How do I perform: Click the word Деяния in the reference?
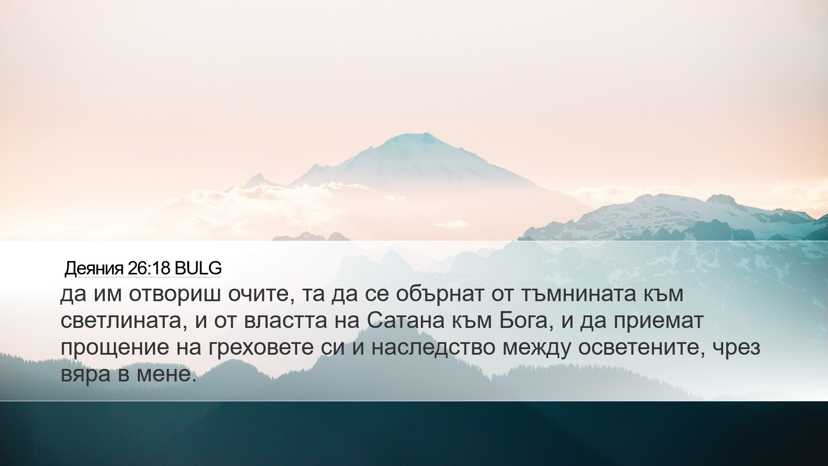click(94, 268)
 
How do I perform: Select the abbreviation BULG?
click(198, 268)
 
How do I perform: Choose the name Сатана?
click(406, 321)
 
